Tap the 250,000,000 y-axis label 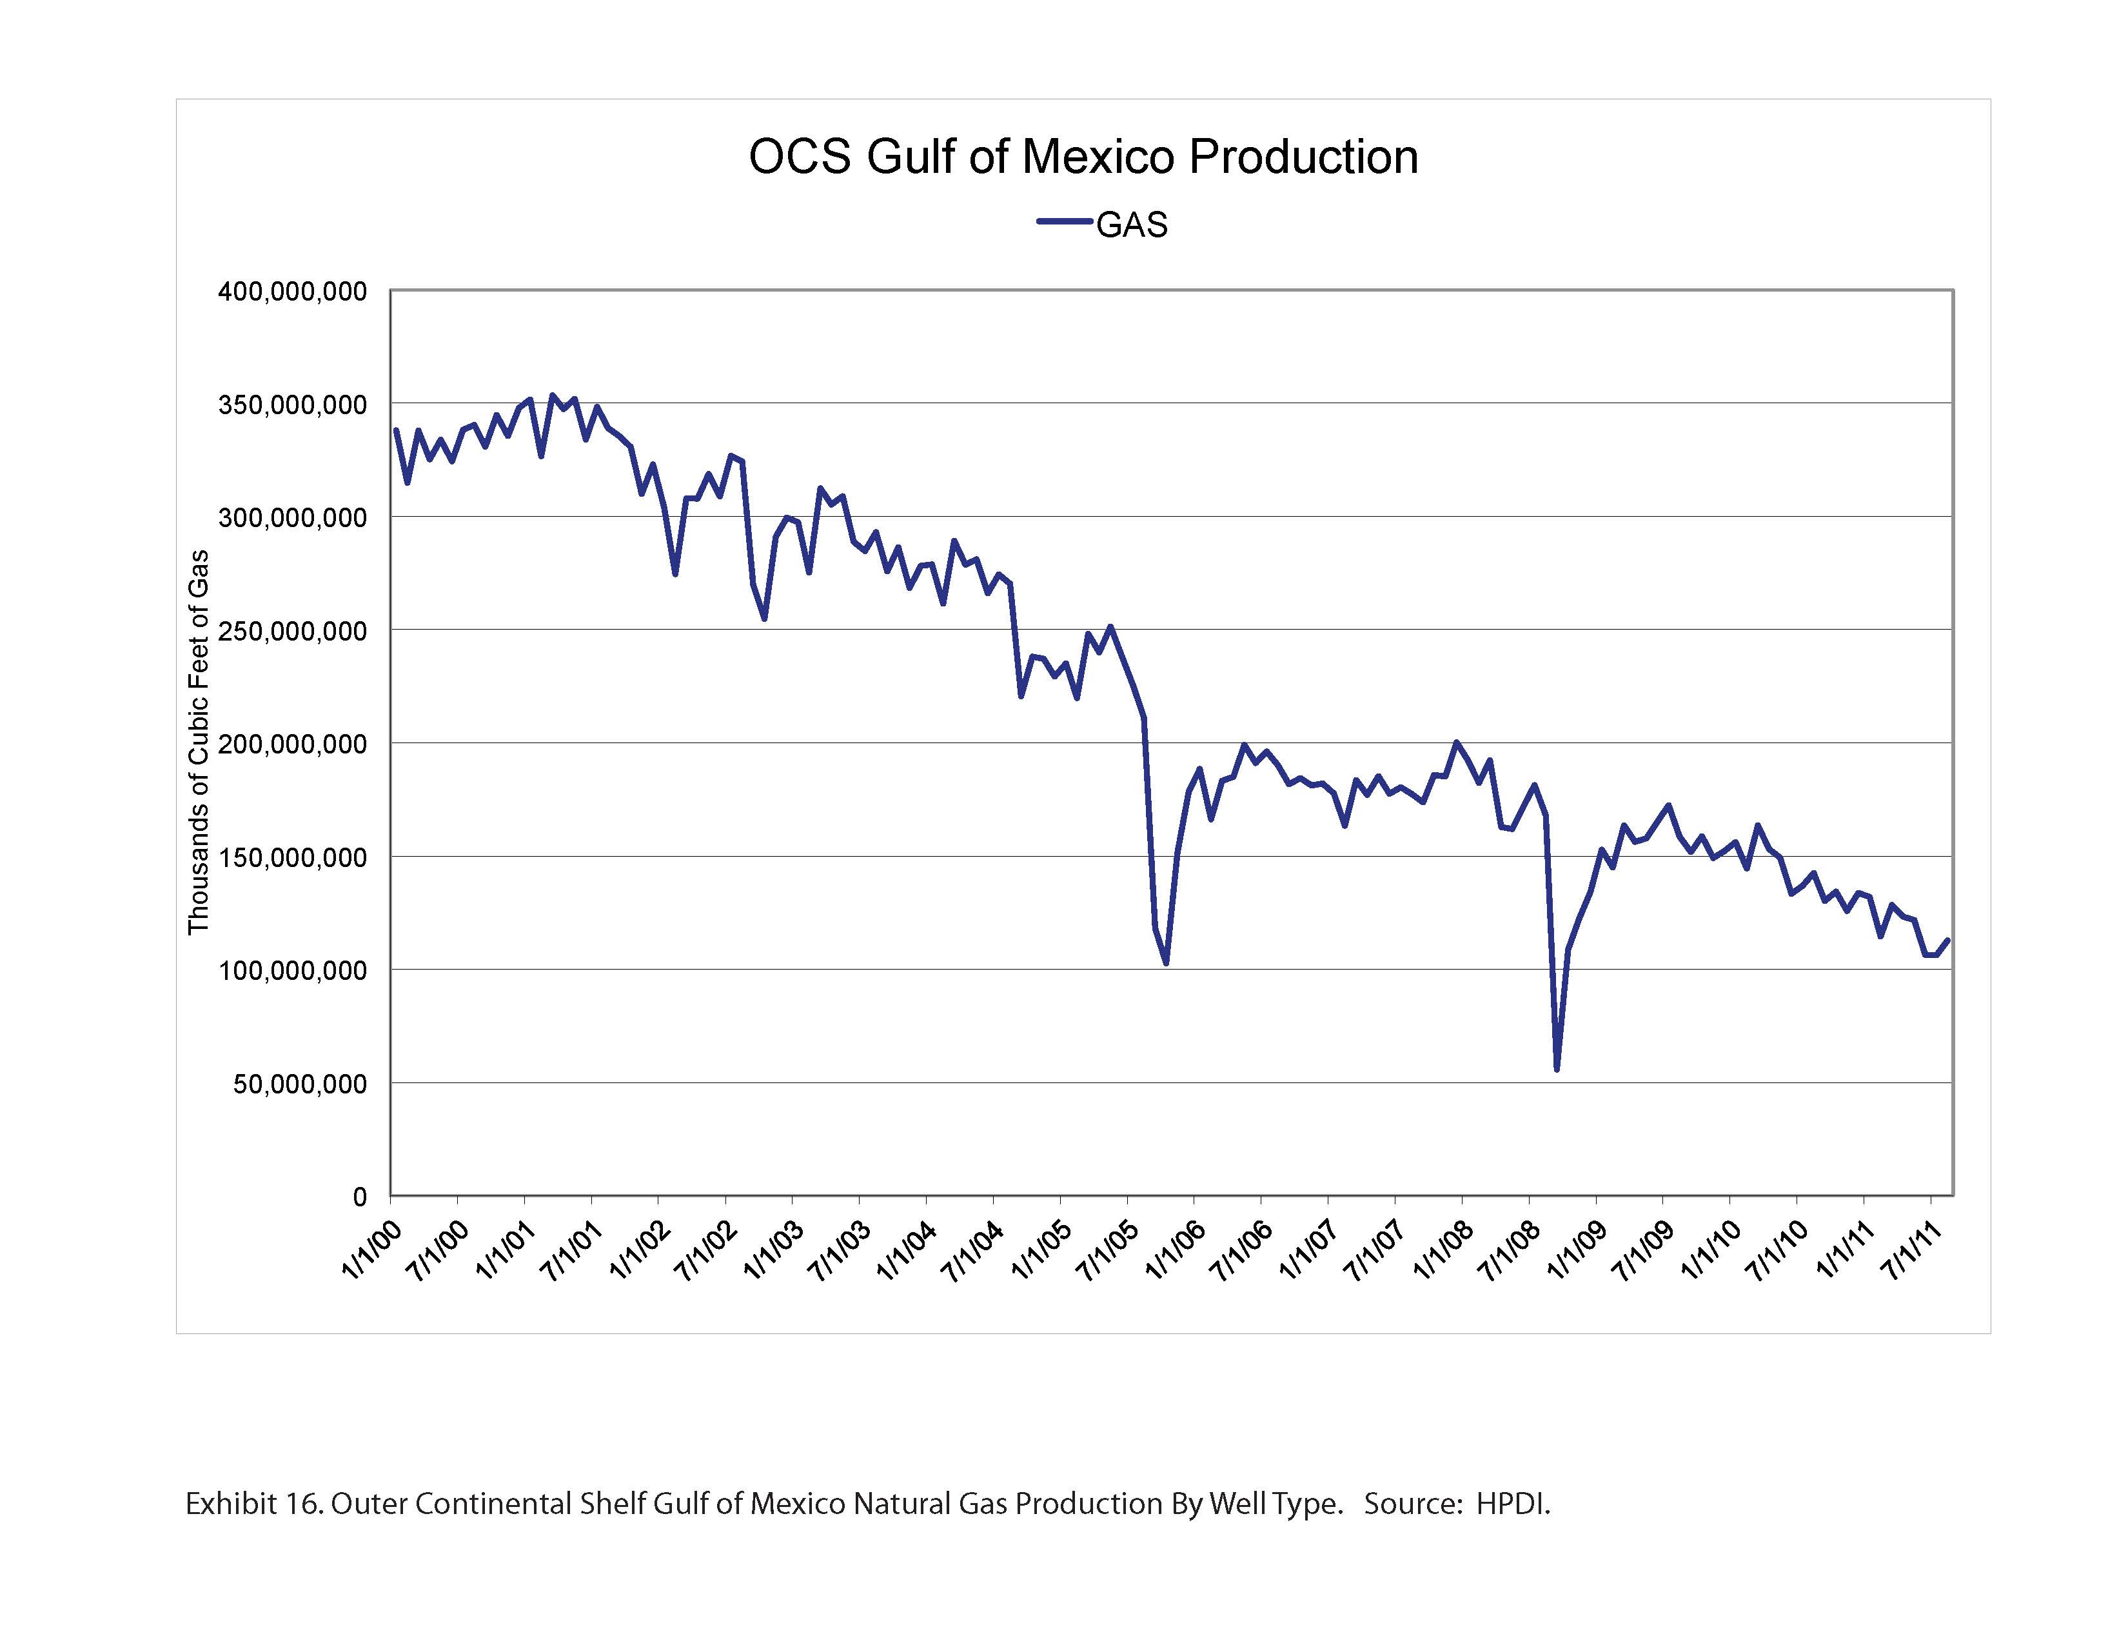tap(291, 630)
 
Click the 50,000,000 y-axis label tap(299, 1084)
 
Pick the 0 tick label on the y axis tap(360, 1197)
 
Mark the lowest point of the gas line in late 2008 tap(1557, 1069)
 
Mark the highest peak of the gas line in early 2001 tap(553, 395)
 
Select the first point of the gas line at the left tap(395, 430)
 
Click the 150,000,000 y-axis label tap(291, 857)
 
